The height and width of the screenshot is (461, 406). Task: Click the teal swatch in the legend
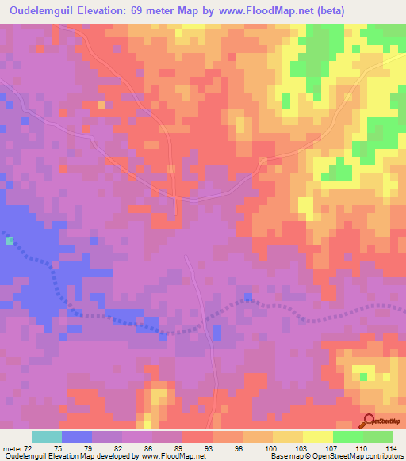(47, 436)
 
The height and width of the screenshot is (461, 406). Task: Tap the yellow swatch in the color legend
(318, 436)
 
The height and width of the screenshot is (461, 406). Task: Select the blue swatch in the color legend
(77, 436)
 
